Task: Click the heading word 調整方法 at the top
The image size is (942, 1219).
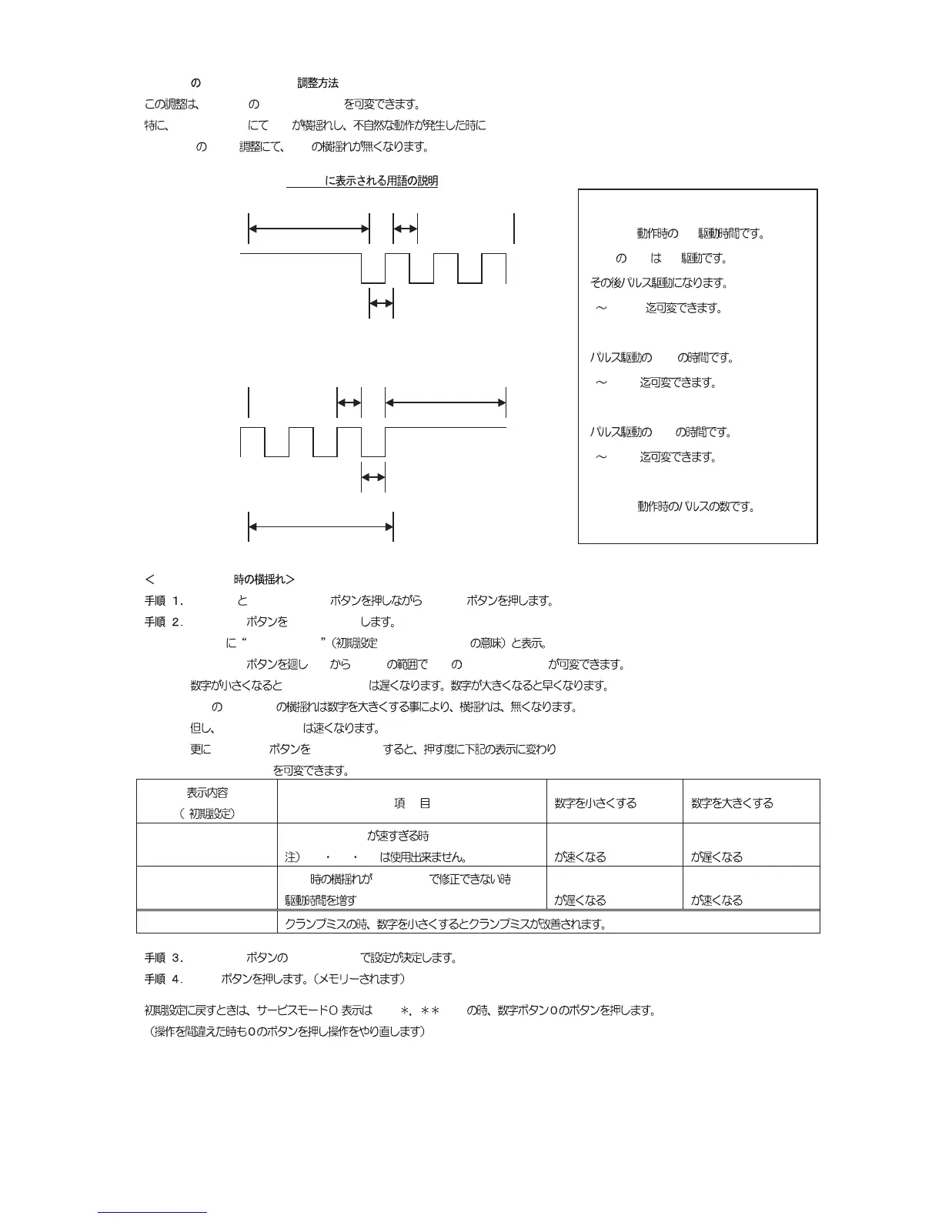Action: [x=318, y=83]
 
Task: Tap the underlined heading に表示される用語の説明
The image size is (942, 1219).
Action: [x=381, y=182]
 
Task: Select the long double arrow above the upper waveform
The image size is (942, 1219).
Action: [x=309, y=229]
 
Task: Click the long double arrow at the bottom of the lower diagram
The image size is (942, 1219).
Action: [x=320, y=527]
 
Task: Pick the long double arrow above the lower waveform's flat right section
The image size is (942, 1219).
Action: [x=445, y=402]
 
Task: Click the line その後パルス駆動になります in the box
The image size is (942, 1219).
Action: [x=658, y=283]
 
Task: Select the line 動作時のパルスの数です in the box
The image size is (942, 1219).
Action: [x=695, y=507]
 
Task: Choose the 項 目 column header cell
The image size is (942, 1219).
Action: [x=412, y=803]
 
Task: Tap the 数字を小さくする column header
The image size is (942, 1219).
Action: [x=595, y=803]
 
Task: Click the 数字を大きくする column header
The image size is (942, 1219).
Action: [x=732, y=803]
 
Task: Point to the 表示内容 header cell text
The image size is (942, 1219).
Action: [x=207, y=793]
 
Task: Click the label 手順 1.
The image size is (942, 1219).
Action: [x=164, y=601]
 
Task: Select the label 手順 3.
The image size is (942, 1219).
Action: [x=164, y=958]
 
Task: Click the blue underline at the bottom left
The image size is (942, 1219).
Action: [x=152, y=1212]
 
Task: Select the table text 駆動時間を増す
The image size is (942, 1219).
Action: [x=320, y=900]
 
